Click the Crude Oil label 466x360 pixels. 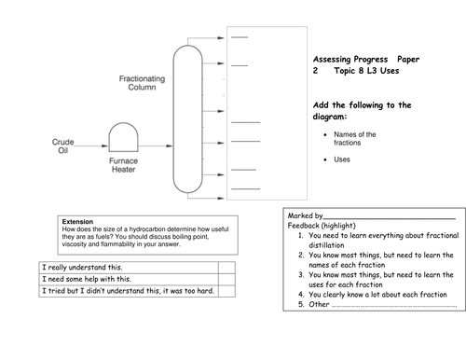point(62,146)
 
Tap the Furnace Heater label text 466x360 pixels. point(123,165)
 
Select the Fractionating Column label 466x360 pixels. point(142,83)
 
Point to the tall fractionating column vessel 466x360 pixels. point(173,119)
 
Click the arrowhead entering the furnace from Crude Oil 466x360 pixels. point(105,145)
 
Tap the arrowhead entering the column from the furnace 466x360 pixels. point(170,145)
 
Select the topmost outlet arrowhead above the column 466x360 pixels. point(221,38)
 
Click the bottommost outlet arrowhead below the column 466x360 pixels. point(221,198)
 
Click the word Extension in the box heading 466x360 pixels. point(77,222)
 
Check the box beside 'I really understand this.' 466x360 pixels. point(226,268)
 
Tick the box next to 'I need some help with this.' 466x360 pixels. point(226,279)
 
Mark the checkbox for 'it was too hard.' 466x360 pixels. point(226,291)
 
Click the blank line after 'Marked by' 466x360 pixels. point(390,218)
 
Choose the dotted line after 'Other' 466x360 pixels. point(394,307)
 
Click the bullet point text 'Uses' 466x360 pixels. point(342,159)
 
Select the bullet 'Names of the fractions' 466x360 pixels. point(355,139)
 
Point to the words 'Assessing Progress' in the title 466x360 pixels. point(350,59)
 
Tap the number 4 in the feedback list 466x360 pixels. point(301,295)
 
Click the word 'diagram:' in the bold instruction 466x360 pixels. point(330,117)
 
